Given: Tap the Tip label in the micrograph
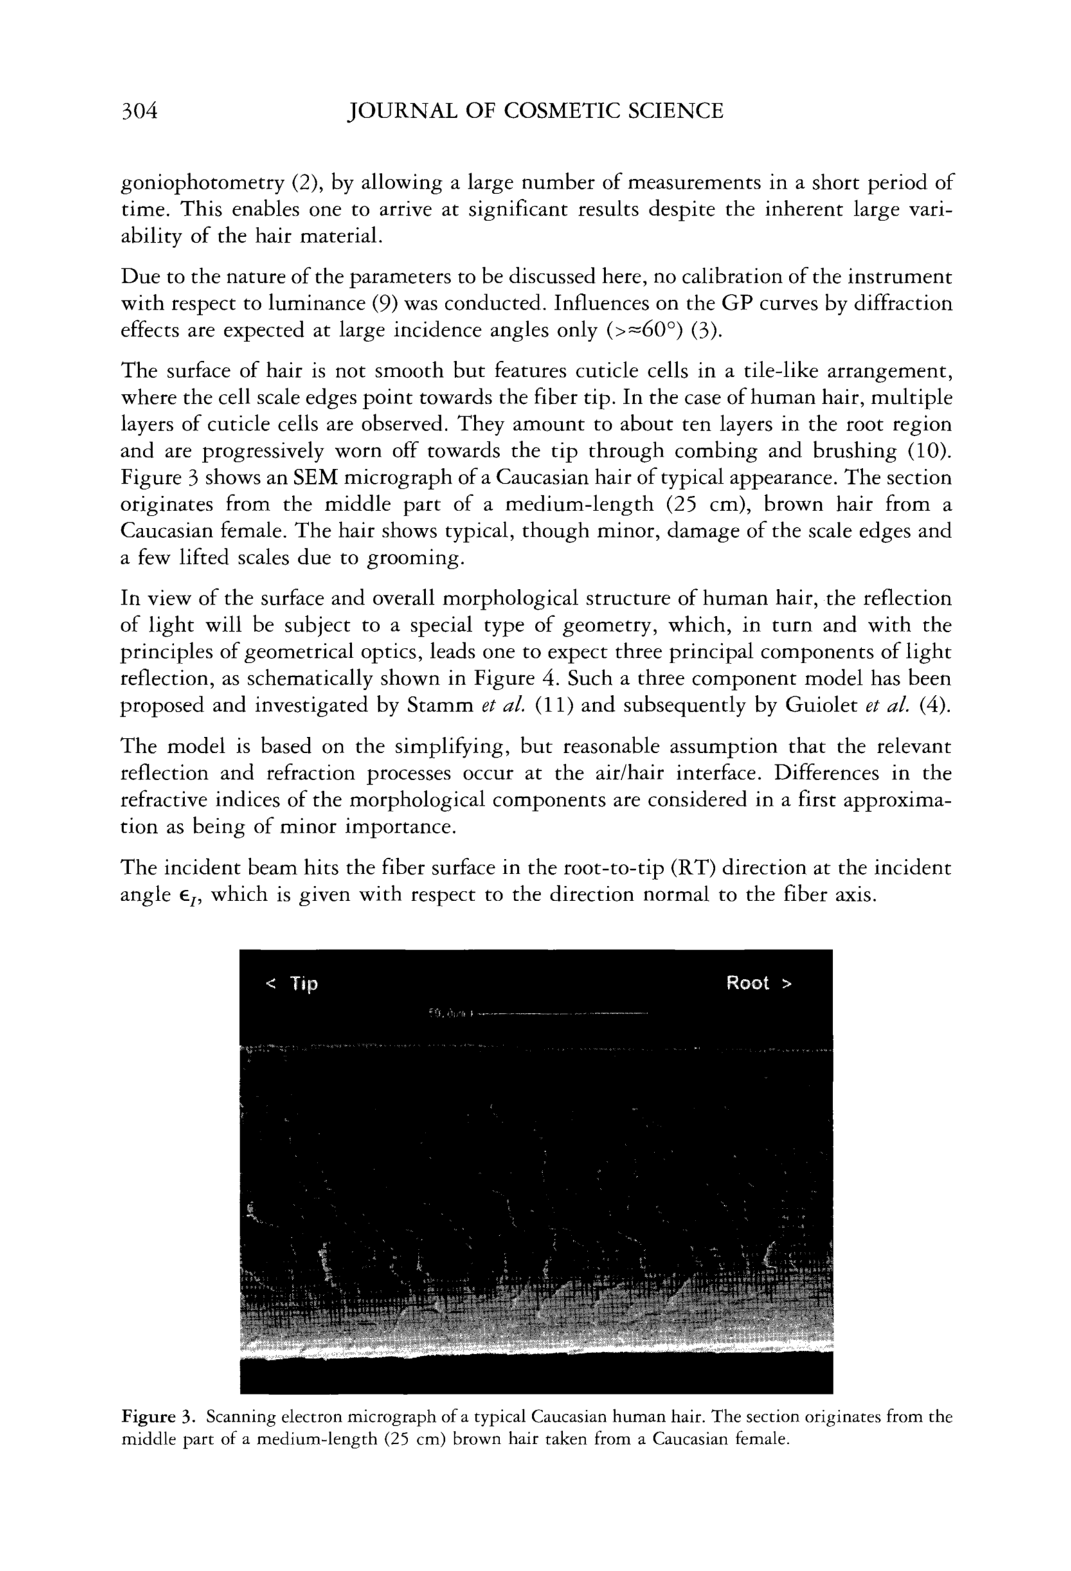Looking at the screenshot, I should [303, 983].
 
